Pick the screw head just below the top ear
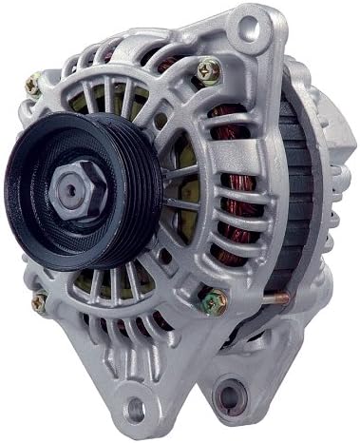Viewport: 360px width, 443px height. (208, 69)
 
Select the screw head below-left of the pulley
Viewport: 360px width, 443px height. (38, 303)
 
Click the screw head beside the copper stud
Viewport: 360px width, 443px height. (212, 301)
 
